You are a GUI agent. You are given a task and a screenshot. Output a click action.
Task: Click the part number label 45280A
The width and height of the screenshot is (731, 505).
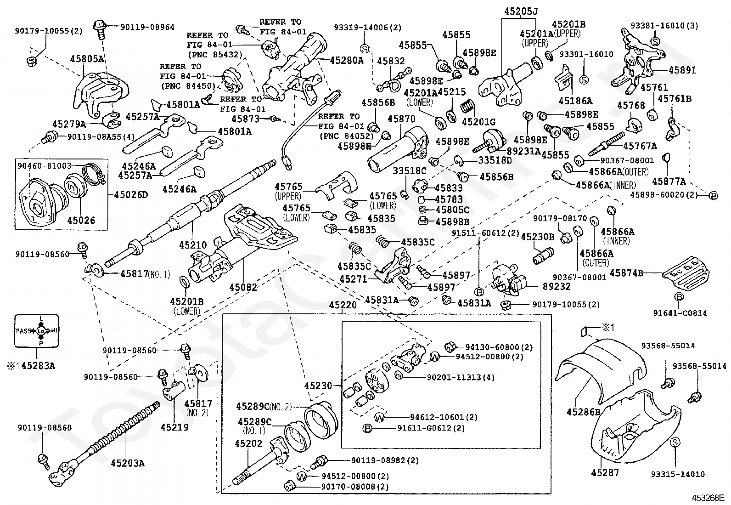pyautogui.click(x=347, y=61)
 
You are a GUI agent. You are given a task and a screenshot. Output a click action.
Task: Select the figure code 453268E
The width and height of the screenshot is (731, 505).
pyautogui.click(x=708, y=498)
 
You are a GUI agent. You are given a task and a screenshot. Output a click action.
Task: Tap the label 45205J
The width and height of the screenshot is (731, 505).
pyautogui.click(x=521, y=11)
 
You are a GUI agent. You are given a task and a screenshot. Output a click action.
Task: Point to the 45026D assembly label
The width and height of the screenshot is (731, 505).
pyautogui.click(x=131, y=195)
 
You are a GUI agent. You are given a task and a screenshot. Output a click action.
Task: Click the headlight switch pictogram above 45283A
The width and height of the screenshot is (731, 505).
pyautogui.click(x=37, y=331)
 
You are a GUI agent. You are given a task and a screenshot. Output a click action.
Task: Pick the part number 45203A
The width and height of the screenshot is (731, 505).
pyautogui.click(x=127, y=463)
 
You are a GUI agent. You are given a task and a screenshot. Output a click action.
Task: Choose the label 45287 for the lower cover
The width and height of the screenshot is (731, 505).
pyautogui.click(x=605, y=472)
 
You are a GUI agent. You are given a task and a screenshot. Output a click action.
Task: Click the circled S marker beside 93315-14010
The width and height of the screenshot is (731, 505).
pyautogui.click(x=675, y=443)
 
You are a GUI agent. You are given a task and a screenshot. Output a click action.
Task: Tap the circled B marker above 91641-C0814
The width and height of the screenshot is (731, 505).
pyautogui.click(x=679, y=296)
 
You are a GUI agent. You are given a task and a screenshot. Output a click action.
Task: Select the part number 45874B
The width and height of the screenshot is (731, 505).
pyautogui.click(x=626, y=273)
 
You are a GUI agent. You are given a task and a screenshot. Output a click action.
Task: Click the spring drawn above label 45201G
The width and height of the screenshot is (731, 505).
pyautogui.click(x=467, y=107)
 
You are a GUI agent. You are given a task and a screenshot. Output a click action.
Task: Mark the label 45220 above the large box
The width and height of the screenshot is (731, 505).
pyautogui.click(x=343, y=305)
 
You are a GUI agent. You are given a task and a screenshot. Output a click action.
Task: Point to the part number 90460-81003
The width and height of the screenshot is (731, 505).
pyautogui.click(x=45, y=165)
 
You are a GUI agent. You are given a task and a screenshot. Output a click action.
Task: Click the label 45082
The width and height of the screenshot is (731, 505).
pyautogui.click(x=243, y=288)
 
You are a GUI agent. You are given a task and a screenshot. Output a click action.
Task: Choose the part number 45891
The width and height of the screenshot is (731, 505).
pyautogui.click(x=682, y=70)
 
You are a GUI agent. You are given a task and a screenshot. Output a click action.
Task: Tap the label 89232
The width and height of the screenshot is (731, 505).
pyautogui.click(x=557, y=286)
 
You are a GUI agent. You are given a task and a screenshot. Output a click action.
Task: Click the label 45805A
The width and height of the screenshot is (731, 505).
pyautogui.click(x=87, y=58)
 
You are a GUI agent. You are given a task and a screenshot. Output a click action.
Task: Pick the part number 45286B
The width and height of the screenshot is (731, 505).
pyautogui.click(x=584, y=412)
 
